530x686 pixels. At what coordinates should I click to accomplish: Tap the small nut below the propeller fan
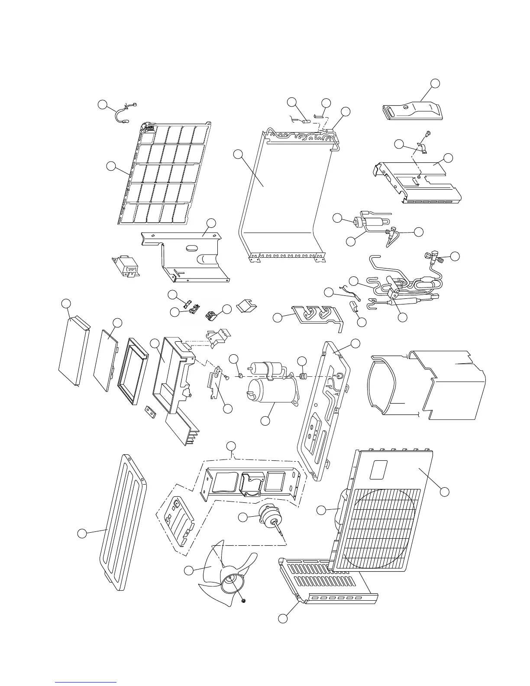click(243, 601)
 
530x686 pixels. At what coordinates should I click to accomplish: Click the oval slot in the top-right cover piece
click(391, 110)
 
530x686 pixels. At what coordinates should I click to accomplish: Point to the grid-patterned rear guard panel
click(162, 173)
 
